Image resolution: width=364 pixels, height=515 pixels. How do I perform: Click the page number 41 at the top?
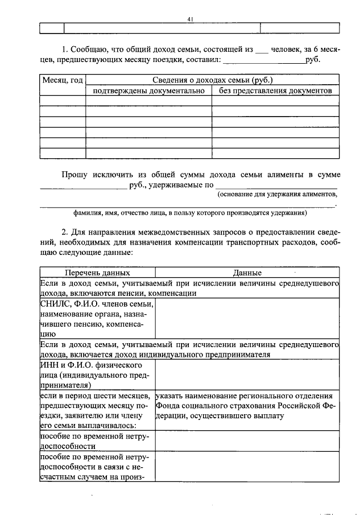tap(191, 19)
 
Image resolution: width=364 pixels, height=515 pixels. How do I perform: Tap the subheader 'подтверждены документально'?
tap(148, 90)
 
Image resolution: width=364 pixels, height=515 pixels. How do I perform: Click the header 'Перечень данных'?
tap(97, 273)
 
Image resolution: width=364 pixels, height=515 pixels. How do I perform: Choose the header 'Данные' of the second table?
tap(247, 273)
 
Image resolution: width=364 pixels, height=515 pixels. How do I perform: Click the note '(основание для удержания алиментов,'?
tap(277, 195)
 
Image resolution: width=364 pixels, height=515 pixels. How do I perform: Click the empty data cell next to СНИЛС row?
tap(247, 319)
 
